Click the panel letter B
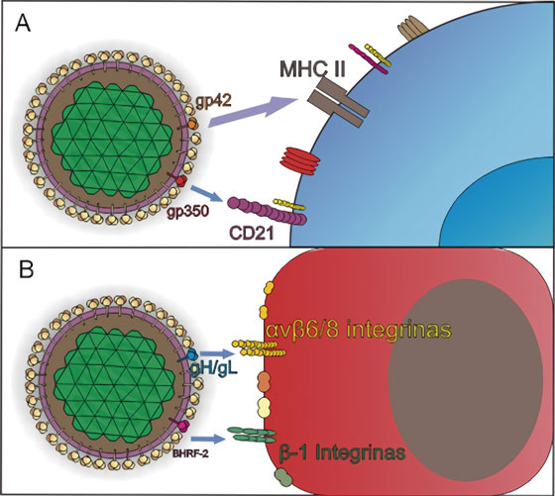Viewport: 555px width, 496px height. click(23, 270)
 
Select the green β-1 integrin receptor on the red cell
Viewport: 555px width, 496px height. click(255, 432)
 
